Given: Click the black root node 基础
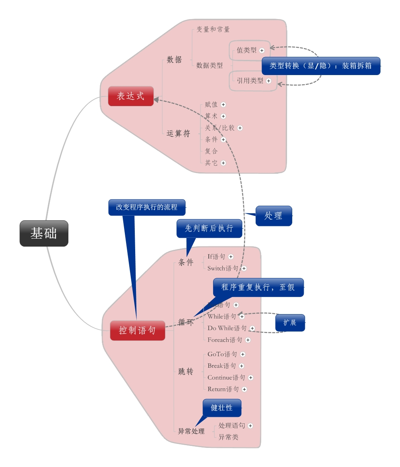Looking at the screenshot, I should pos(44,234).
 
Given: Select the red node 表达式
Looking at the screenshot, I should pos(130,96).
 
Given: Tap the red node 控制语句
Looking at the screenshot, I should pos(137,330).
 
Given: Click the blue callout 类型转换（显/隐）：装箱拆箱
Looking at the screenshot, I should pos(320,66).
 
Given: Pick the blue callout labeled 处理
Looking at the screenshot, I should pos(274,216).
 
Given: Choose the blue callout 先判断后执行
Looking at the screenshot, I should pos(209,228).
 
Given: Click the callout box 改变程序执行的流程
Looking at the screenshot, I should pos(147,207).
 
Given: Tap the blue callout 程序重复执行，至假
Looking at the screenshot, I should pos(258,287).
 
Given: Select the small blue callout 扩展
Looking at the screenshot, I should pos(290,322).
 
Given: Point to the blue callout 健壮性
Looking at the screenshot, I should pos(222,408).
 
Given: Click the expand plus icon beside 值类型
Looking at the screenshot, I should pos(262,50).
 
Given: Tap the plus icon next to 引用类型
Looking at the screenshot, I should pos(269,81).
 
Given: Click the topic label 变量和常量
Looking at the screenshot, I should pos(213,29).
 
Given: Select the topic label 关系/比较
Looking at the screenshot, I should pos(219,128).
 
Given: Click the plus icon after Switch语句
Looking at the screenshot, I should pos(244,268).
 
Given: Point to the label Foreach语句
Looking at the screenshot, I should pos(225,340).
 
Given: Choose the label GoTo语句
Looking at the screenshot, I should pos(222,354).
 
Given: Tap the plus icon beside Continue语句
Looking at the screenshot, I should pos(251,378).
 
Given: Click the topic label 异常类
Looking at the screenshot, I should pos(229,437).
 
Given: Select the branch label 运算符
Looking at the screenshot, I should pos(178,134).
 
